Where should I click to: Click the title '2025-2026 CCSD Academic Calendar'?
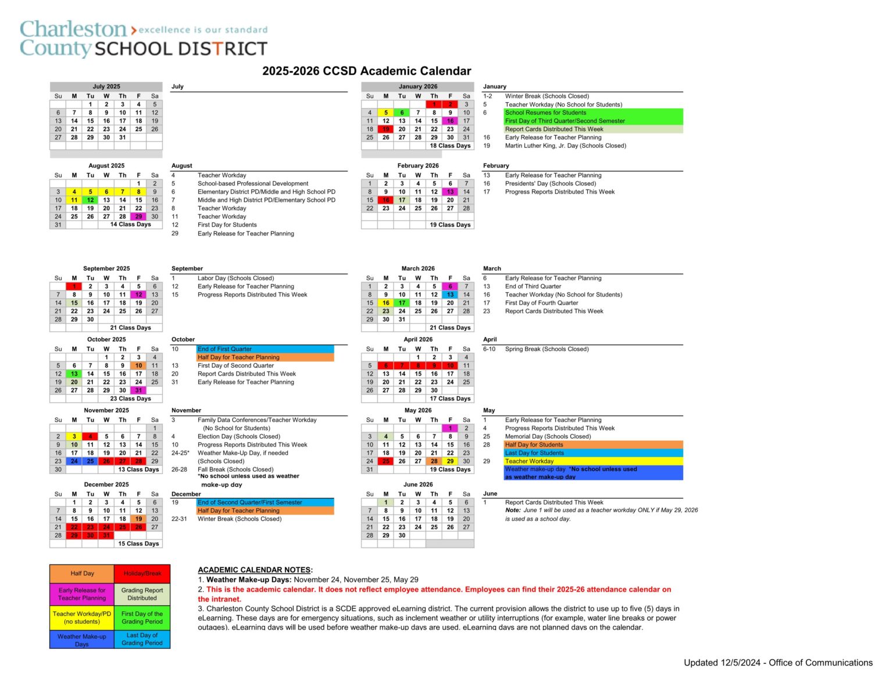click(366, 71)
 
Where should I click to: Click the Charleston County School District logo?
click(144, 38)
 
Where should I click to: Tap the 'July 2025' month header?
click(106, 87)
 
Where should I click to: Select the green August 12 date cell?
click(90, 200)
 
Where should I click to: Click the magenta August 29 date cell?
click(138, 216)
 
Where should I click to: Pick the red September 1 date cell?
click(74, 287)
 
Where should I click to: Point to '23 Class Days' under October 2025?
click(130, 399)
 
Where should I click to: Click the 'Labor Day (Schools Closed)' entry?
click(235, 278)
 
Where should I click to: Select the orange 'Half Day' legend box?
click(82, 574)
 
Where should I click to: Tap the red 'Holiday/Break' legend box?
click(142, 574)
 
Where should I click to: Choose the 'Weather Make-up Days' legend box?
click(82, 640)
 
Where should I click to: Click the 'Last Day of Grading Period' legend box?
click(142, 639)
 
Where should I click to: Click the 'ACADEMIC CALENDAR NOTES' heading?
click(255, 570)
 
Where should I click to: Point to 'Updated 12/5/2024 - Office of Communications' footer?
click(778, 663)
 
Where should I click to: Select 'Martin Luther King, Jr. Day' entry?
click(565, 146)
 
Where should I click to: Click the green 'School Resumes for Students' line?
click(545, 113)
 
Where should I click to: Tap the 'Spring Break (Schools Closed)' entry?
click(546, 349)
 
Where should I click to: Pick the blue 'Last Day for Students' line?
click(534, 453)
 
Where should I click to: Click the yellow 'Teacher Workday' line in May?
click(529, 461)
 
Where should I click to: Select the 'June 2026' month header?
click(418, 484)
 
